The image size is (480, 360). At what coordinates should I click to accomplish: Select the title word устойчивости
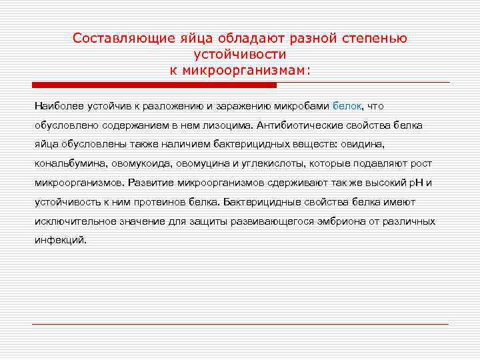coord(240,54)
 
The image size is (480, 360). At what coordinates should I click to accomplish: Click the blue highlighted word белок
coord(346,106)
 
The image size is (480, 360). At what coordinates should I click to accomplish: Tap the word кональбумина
coord(65,163)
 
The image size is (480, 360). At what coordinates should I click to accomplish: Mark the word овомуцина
coord(196,163)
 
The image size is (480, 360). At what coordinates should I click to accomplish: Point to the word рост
coord(420,163)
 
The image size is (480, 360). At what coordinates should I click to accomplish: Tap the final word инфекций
coord(60,240)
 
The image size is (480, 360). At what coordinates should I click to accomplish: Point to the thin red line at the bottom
coord(240,324)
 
